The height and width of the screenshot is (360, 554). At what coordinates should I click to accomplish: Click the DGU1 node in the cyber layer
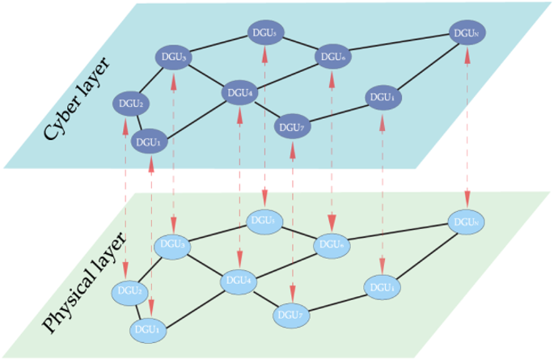[149, 141]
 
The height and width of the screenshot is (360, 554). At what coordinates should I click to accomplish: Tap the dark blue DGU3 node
[174, 58]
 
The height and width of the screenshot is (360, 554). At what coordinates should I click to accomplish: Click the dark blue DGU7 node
[293, 127]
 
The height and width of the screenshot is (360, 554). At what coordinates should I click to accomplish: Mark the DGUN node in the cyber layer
[467, 34]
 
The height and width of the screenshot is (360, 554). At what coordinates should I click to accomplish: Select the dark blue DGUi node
[383, 97]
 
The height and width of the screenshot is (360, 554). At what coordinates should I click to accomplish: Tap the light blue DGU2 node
[129, 290]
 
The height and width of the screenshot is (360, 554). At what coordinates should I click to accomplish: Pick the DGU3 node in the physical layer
[173, 245]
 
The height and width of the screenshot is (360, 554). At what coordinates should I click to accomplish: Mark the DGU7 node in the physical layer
[293, 314]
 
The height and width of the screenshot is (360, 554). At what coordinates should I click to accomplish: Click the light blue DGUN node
[467, 221]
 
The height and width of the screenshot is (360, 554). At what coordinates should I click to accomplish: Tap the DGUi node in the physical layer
[383, 286]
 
